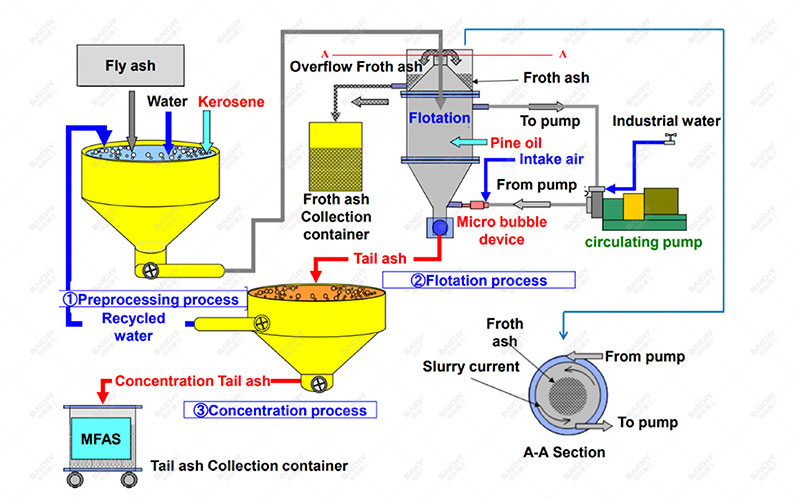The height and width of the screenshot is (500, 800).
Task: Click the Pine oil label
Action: pyautogui.click(x=516, y=143)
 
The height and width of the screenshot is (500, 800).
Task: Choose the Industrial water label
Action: pyautogui.click(x=666, y=122)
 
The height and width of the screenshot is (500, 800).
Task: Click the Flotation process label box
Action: pyautogui.click(x=478, y=280)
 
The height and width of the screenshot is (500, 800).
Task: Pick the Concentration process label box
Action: pyautogui.click(x=275, y=410)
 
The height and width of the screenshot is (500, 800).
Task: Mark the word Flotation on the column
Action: pyautogui.click(x=439, y=118)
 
